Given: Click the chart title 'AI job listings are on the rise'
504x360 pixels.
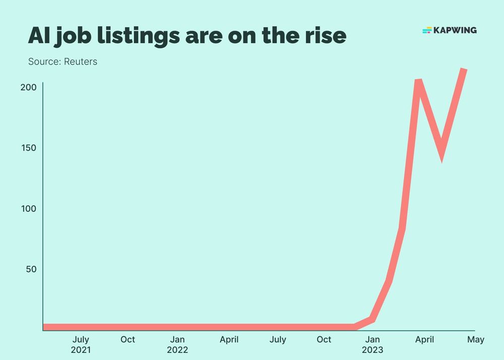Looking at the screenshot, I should pos(187,35).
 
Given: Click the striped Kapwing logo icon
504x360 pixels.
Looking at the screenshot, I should pos(427,30).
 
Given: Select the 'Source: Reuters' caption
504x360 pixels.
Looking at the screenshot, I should pos(62,62).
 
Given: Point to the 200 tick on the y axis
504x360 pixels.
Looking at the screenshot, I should pos(28,87).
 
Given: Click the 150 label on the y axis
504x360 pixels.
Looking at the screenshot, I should pos(28,148).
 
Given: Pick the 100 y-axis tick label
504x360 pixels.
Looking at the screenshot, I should pos(28,208).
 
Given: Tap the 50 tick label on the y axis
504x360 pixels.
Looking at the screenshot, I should pos(31,269).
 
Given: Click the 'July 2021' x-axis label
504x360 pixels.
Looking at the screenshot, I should pos(81,344).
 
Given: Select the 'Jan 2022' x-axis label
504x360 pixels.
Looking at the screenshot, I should pos(177,344).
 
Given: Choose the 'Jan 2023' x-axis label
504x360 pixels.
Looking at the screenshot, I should pos(372,344).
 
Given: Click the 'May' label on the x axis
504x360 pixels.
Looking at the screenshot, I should pos(475,340).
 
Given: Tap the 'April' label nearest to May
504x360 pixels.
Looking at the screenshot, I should pos(424,340).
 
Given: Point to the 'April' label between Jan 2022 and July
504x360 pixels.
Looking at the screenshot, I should pos(229,340).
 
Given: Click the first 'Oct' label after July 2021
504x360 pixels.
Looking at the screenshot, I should pos(128,340).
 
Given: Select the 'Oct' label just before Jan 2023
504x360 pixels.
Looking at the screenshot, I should pos(324,340).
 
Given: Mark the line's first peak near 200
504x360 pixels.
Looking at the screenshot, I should pos(418,81).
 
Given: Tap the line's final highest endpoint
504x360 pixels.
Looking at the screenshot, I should pos(464,70).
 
